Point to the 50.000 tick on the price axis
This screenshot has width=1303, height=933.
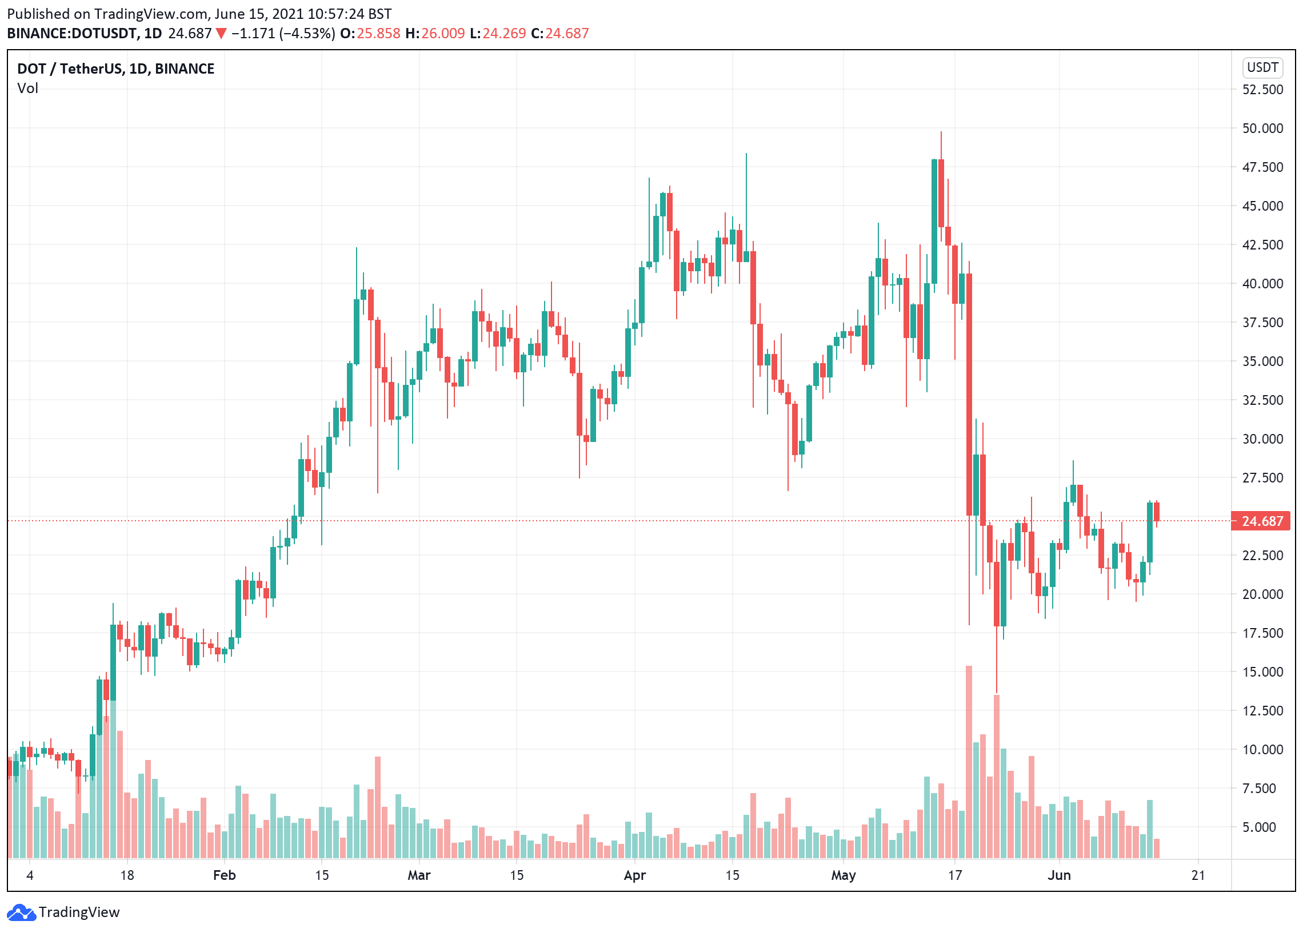click(x=1262, y=128)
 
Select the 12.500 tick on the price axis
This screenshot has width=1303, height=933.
click(x=1262, y=711)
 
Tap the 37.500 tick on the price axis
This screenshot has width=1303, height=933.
click(x=1262, y=323)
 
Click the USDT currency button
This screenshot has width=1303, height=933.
click(x=1262, y=68)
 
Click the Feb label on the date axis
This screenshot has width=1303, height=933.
click(x=224, y=875)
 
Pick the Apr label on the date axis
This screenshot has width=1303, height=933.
click(x=634, y=875)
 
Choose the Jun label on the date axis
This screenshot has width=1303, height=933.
click(x=1058, y=875)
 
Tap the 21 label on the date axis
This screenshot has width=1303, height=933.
click(x=1197, y=875)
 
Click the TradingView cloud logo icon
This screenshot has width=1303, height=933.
click(x=21, y=912)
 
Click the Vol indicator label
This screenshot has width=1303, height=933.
click(x=27, y=89)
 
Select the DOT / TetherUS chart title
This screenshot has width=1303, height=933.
click(x=115, y=69)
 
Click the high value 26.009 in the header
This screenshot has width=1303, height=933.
click(x=442, y=33)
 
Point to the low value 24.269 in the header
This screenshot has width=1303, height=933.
click(x=504, y=33)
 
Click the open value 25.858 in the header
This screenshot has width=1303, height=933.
click(x=378, y=33)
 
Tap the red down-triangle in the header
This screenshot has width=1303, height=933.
click(x=221, y=34)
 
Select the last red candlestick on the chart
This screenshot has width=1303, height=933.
click(x=1156, y=512)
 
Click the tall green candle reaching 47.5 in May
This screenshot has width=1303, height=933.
click(x=934, y=221)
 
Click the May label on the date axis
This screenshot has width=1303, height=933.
click(x=843, y=875)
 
